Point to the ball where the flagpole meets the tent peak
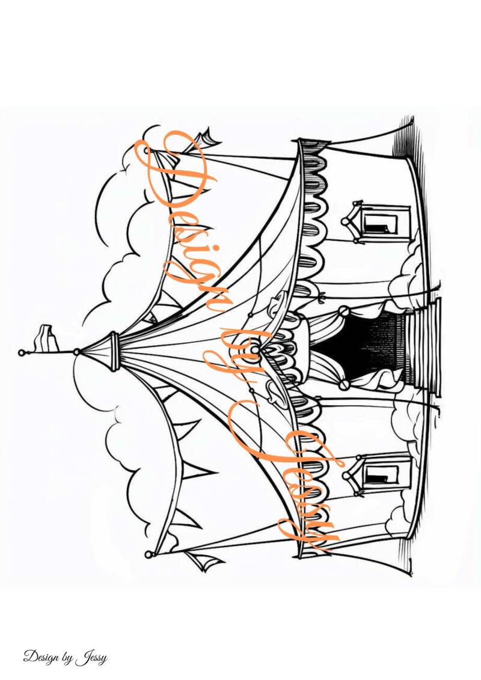(x=76, y=351)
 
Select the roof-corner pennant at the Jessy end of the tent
(x=207, y=562)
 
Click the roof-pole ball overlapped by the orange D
(x=150, y=151)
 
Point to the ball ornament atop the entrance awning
(x=255, y=349)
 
